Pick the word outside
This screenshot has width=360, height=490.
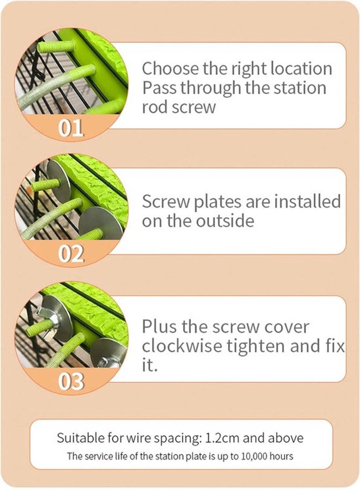[225, 221]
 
